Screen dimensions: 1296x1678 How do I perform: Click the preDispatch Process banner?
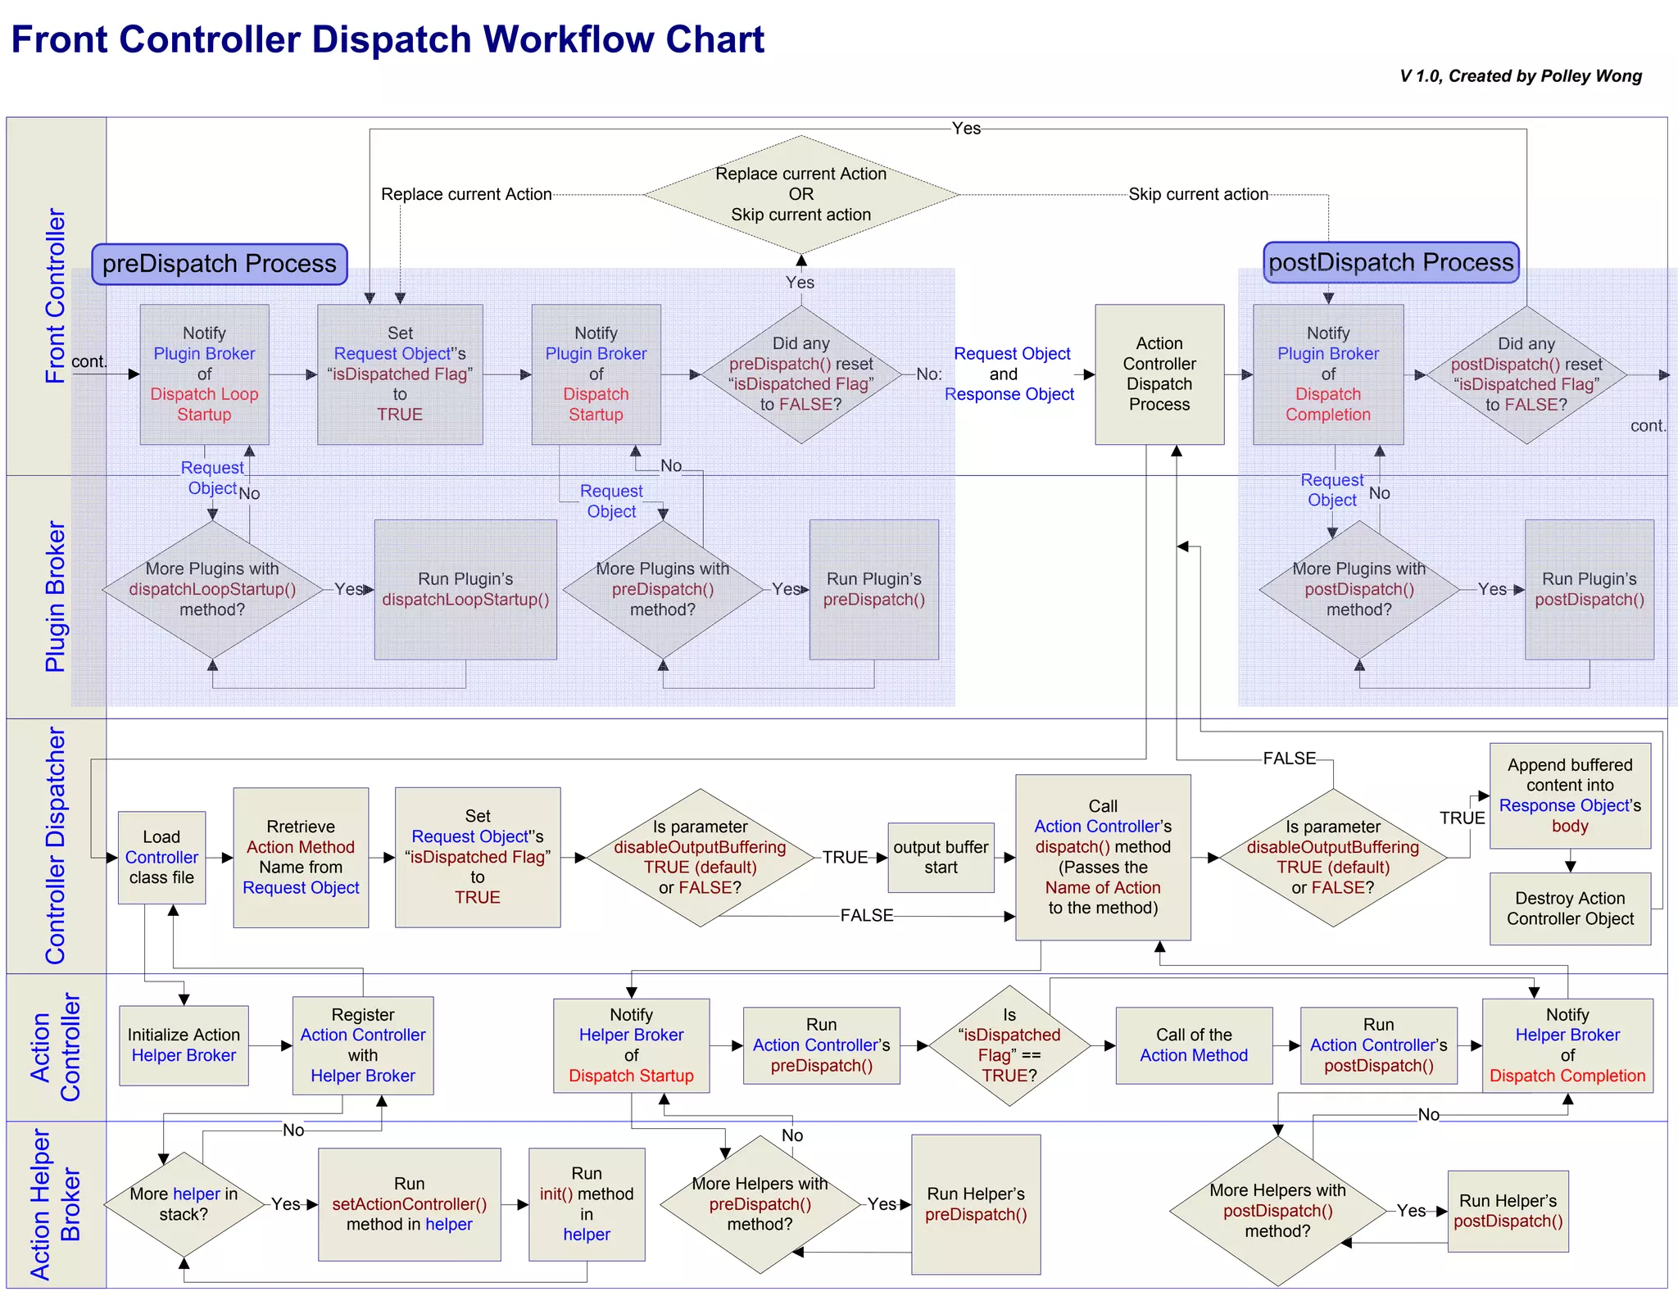click(219, 264)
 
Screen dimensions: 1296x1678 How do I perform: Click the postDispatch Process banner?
click(1390, 262)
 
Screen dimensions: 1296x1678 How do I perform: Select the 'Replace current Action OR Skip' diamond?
click(800, 194)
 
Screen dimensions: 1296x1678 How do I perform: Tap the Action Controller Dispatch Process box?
click(1159, 374)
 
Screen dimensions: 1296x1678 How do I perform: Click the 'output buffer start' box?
click(940, 857)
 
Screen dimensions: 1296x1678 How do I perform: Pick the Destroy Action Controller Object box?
click(1569, 909)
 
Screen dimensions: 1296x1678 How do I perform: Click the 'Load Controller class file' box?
click(161, 857)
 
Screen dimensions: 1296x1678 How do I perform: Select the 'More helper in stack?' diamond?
click(184, 1203)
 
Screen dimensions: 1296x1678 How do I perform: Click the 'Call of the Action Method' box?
click(1193, 1045)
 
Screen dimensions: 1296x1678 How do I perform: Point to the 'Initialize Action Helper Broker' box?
click(184, 1045)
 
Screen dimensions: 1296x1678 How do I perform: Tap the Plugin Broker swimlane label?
click(55, 596)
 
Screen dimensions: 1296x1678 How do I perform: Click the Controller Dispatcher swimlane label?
click(55, 845)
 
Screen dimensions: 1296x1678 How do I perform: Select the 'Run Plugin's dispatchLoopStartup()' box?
click(465, 589)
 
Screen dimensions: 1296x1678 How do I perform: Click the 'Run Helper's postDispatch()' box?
click(1507, 1211)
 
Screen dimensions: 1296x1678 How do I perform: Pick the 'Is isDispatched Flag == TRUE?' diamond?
click(1009, 1045)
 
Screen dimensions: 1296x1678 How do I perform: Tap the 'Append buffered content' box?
click(1569, 795)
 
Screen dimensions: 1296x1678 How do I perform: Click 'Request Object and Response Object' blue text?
click(1009, 374)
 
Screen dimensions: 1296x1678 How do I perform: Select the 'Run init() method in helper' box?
click(586, 1203)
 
